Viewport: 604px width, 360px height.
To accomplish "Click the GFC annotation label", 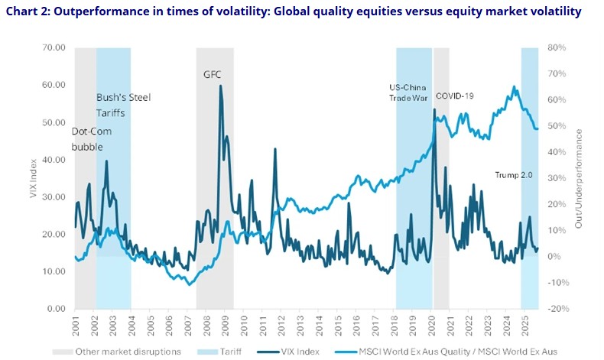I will tap(213, 75).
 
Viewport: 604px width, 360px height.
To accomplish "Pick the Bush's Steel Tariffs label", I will tap(121, 105).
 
